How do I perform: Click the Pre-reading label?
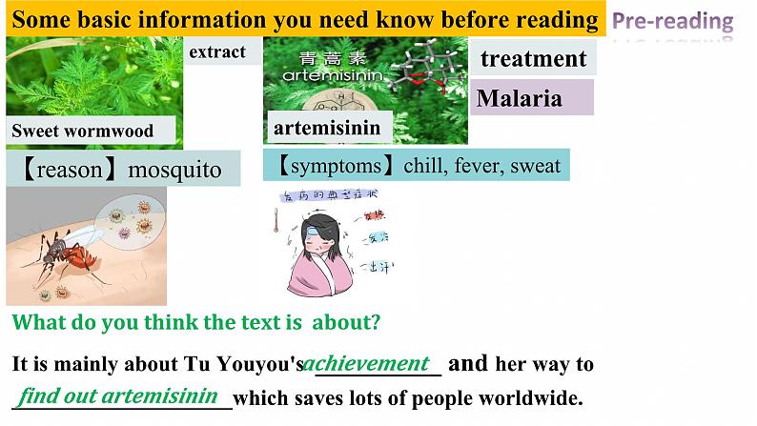point(672,21)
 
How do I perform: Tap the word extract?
point(217,52)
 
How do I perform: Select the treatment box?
point(534,59)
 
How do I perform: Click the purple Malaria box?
point(520,98)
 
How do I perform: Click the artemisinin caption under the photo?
point(327,128)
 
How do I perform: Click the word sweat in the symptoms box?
point(536,166)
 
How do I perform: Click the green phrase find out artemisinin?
point(120,395)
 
